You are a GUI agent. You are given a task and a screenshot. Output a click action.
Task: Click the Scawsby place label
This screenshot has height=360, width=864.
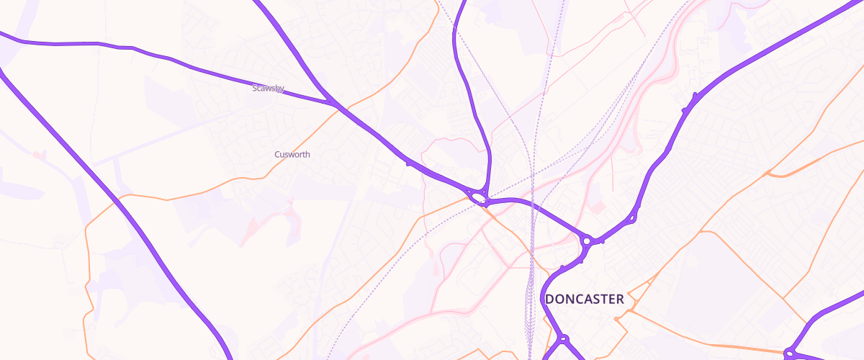point(269,89)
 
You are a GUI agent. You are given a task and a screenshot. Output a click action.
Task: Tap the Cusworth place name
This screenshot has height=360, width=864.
point(292,154)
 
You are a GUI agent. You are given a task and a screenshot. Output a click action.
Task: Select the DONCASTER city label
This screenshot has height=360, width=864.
point(585,299)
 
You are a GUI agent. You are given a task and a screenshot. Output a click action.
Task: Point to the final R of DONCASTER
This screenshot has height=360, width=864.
point(619,299)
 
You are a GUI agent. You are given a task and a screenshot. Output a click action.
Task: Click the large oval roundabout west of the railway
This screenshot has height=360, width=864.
point(477,197)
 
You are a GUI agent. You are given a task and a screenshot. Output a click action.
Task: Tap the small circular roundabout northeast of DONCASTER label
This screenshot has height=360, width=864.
point(587,241)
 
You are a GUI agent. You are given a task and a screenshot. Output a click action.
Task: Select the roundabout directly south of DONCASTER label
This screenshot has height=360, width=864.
point(564,339)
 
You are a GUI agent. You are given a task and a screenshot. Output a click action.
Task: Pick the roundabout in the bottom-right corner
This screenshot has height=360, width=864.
point(789,354)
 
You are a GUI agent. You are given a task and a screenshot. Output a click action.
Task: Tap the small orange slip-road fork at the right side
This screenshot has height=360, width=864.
point(769,174)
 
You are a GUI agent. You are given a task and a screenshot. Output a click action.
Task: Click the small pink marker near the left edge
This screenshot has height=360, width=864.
point(36,154)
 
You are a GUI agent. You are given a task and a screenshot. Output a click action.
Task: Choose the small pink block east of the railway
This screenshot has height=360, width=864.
point(595,207)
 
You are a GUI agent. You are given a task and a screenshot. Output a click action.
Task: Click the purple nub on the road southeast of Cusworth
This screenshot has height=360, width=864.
point(408,164)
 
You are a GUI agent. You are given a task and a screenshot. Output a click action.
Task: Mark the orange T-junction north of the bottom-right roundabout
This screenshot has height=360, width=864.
point(785,297)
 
